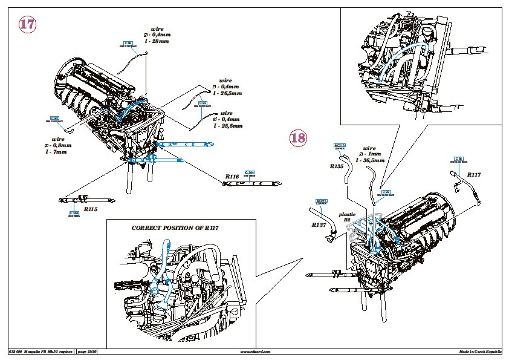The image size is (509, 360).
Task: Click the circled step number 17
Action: click(27, 24)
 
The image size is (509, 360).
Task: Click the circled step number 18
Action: click(297, 138)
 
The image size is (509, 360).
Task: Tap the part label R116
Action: click(232, 176)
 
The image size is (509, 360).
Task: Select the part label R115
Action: click(90, 209)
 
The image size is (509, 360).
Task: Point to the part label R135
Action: click(337, 165)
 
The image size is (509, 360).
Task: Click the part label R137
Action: click(320, 224)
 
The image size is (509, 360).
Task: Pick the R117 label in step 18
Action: click(474, 175)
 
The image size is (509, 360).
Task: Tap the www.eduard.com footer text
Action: click(256, 351)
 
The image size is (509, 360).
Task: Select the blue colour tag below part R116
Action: click(248, 173)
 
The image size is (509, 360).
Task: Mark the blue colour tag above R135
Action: click(339, 146)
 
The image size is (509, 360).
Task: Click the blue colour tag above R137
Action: click(321, 202)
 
